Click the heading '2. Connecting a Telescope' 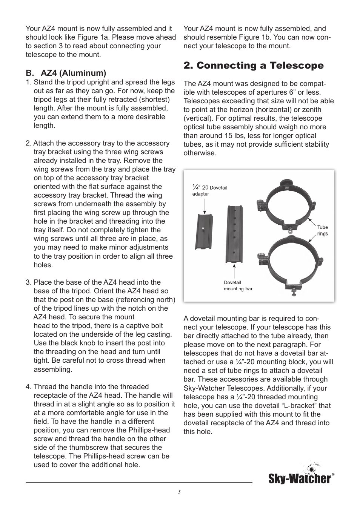253,66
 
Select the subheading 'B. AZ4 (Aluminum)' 66,73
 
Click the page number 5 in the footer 180,492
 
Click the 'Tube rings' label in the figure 323,230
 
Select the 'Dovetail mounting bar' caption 238,285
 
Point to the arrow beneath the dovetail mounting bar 235,271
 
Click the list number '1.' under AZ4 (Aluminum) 29,82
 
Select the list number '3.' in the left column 29,282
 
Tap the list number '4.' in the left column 29,387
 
